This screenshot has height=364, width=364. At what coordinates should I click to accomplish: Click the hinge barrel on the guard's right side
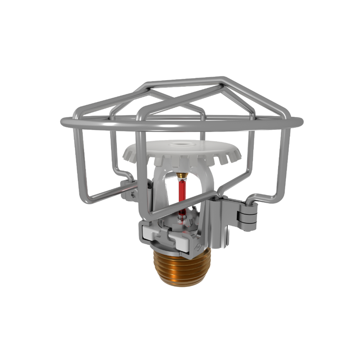click(249, 213)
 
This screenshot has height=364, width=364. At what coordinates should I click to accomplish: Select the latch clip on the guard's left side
click(127, 190)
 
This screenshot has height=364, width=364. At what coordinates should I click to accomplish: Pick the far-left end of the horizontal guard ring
click(63, 122)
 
